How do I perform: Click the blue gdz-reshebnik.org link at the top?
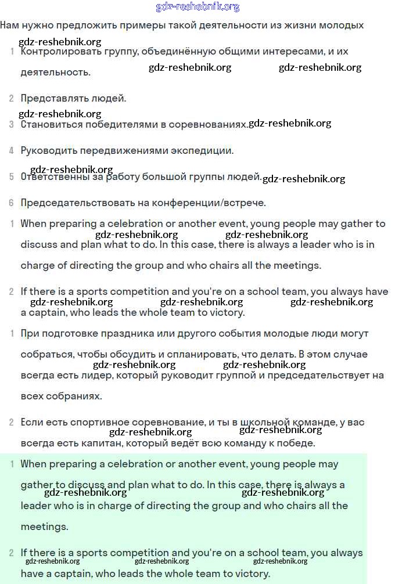pyautogui.click(x=198, y=7)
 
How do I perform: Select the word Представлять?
pyautogui.click(x=49, y=98)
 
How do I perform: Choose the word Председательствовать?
pyautogui.click(x=71, y=203)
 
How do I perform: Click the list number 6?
pyautogui.click(x=11, y=203)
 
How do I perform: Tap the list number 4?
pyautogui.click(x=11, y=151)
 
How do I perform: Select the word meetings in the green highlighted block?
pyautogui.click(x=44, y=527)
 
